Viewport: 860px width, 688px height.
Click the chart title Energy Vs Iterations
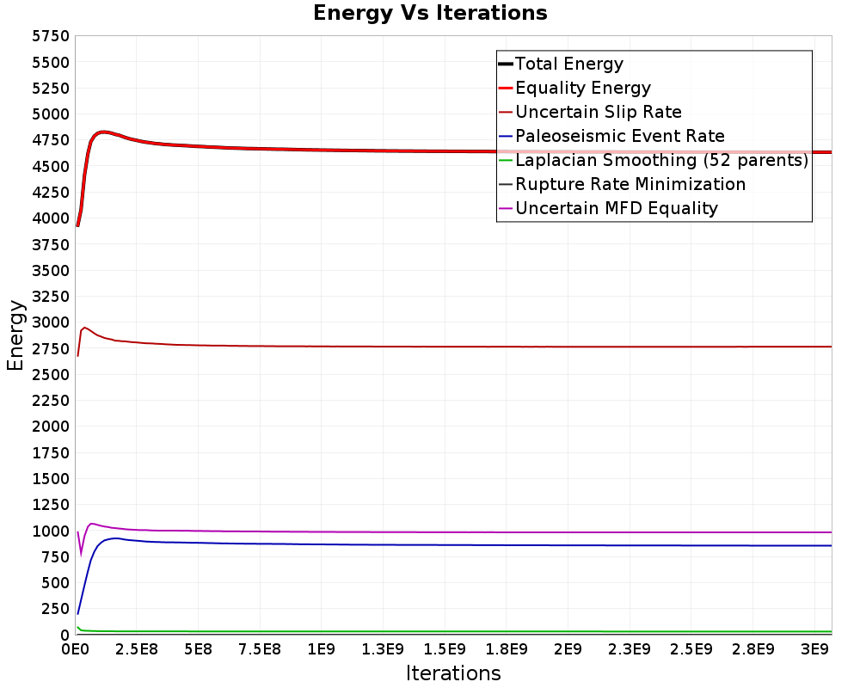click(x=430, y=13)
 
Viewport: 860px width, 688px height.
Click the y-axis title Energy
click(x=15, y=335)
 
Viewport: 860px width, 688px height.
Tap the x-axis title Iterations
click(x=453, y=673)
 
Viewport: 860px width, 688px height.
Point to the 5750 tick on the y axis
click(x=51, y=36)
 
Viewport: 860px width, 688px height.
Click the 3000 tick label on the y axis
click(x=51, y=322)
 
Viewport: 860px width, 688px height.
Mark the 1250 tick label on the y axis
click(x=51, y=504)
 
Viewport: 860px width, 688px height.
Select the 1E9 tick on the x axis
click(x=322, y=649)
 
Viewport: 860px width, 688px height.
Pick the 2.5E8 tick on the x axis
click(x=137, y=649)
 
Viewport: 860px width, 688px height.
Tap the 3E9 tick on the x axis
click(x=814, y=649)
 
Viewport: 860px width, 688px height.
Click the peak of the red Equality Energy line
click(x=102, y=132)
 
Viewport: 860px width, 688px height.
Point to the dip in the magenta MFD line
click(x=81, y=555)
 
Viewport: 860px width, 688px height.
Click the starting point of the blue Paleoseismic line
click(x=78, y=613)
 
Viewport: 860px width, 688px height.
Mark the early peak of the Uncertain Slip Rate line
click(x=84, y=328)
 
